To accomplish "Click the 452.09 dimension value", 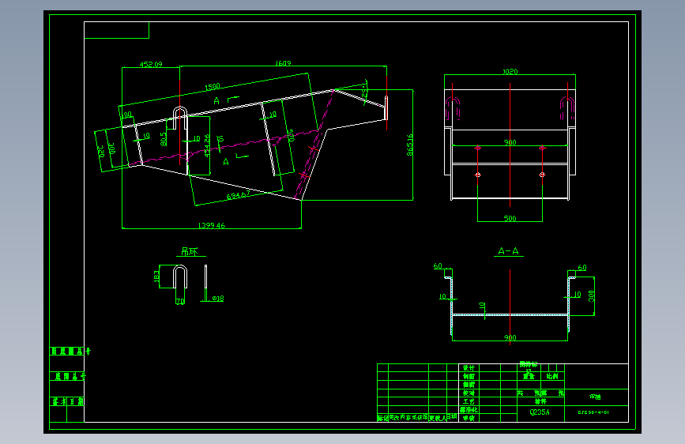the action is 150,65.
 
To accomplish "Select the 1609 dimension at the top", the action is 282,63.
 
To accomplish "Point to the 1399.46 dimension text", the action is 211,225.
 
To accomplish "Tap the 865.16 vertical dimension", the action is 409,145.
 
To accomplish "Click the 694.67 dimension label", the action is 238,194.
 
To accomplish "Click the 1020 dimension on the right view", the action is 510,72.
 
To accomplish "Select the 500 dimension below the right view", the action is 510,218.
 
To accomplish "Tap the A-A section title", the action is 508,251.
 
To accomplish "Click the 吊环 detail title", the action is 189,252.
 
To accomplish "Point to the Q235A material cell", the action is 539,412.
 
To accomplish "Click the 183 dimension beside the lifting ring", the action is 156,277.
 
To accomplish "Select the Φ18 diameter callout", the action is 218,299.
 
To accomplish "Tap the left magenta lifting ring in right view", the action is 453,110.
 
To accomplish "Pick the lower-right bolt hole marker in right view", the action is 542,174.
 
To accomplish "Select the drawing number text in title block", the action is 593,412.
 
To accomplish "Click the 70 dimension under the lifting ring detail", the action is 179,302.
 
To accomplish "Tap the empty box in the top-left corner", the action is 116,30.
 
